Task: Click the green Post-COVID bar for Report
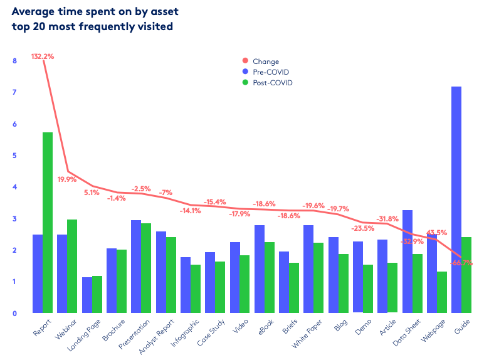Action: [x=48, y=223]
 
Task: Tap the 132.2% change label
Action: [x=43, y=56]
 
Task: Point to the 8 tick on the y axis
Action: [x=14, y=61]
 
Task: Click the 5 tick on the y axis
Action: [x=14, y=156]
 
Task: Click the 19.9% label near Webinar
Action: [x=66, y=179]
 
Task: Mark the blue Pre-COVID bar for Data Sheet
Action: [x=407, y=261]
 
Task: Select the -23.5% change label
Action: [x=362, y=228]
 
